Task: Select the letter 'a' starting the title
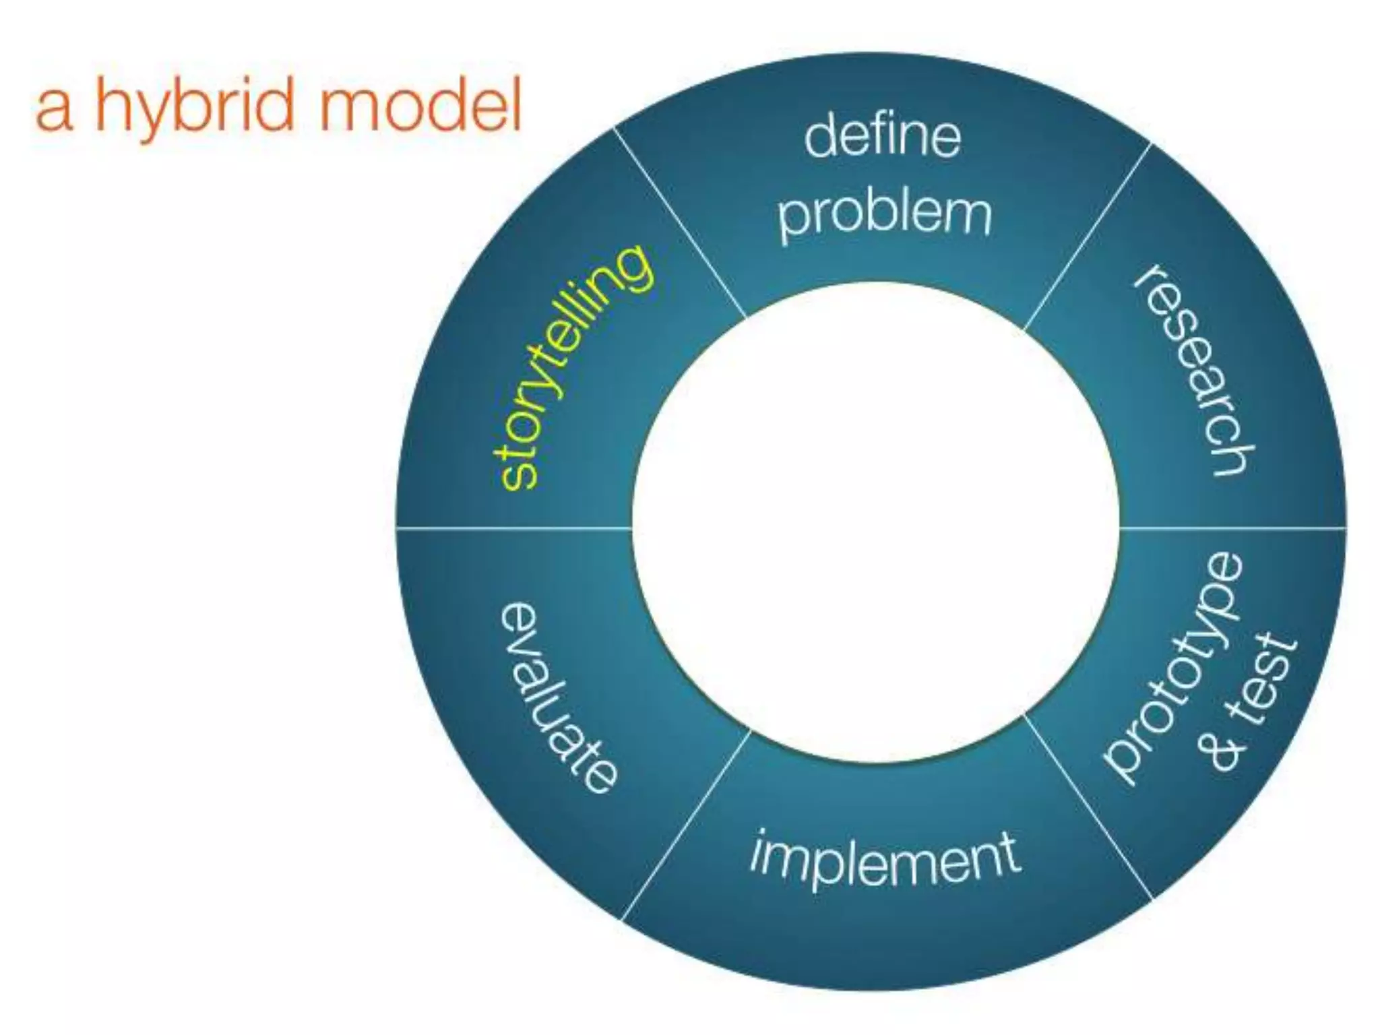click(x=53, y=111)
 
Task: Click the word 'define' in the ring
click(x=882, y=137)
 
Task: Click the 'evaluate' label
click(x=557, y=697)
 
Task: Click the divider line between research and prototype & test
click(x=1233, y=528)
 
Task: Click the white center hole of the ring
click(x=875, y=522)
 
